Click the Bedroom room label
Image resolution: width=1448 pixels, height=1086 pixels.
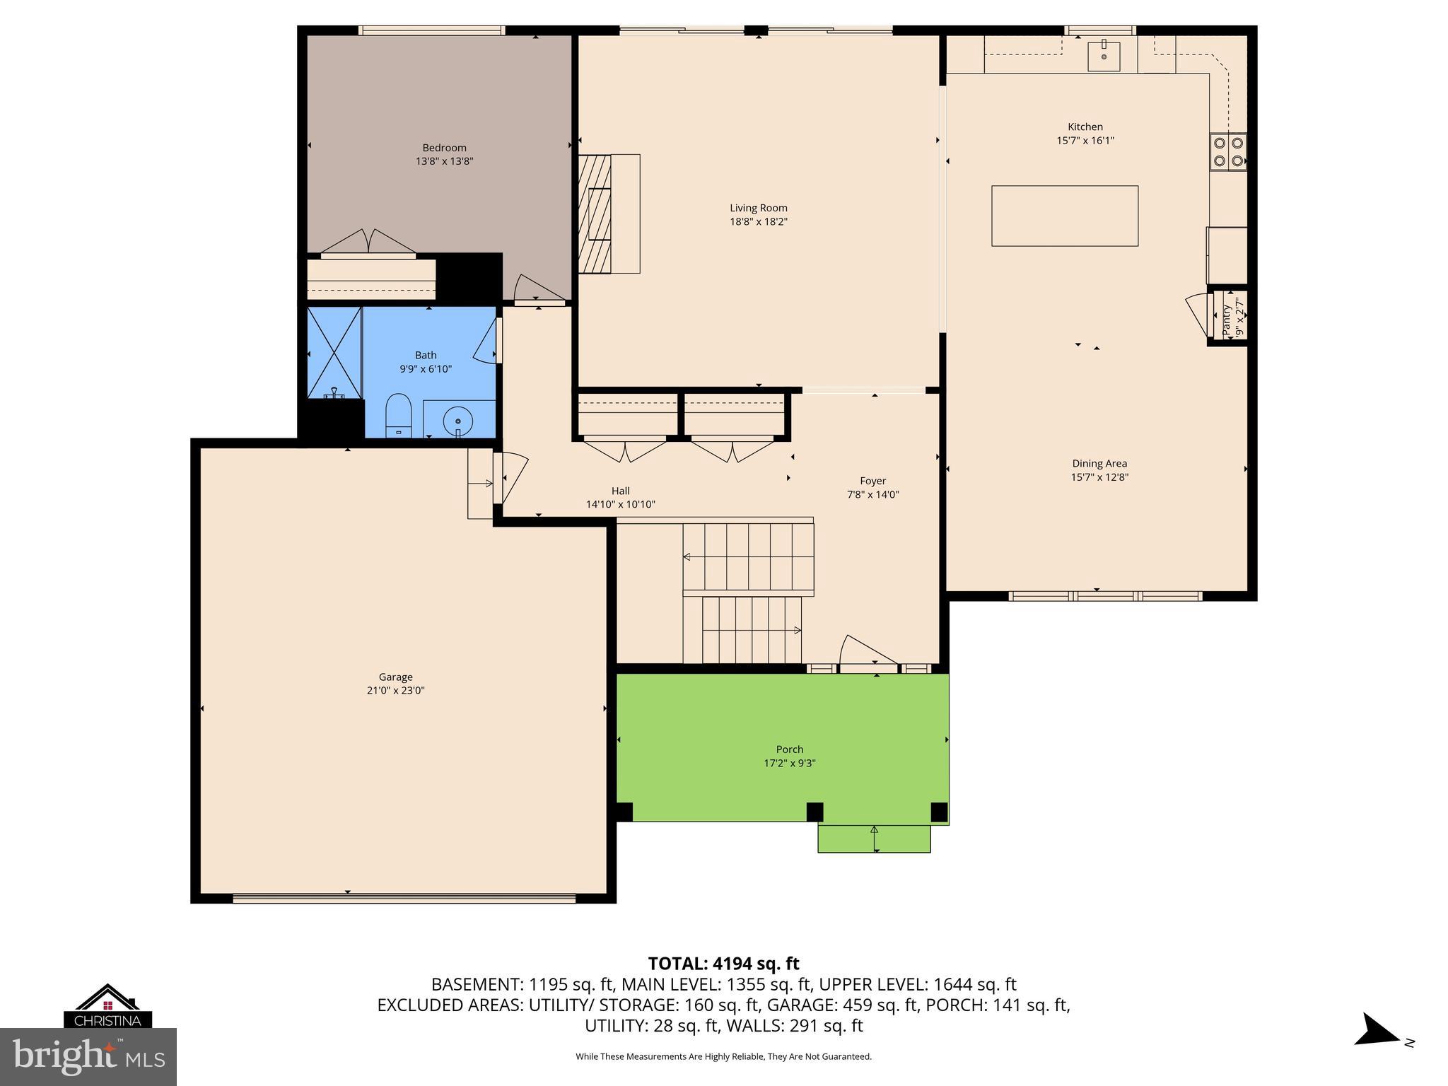444,148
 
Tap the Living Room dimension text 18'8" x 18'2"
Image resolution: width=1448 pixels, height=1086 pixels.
758,221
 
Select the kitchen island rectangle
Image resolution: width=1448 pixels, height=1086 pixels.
1064,216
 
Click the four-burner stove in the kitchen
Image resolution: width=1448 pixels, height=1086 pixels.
1228,151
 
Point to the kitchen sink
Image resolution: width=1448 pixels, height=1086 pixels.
1104,54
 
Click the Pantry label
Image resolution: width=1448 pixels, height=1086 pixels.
1227,320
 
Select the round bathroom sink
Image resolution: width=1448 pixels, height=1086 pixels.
457,422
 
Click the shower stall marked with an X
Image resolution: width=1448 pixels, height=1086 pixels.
334,352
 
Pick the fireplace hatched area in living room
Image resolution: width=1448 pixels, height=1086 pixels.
594,214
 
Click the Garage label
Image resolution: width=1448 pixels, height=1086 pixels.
395,677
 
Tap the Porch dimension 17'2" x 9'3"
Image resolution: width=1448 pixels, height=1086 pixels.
789,763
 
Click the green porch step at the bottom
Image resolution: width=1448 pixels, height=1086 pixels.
874,839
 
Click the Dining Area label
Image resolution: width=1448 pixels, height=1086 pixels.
1099,463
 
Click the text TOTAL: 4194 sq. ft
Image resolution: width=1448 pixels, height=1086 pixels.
723,963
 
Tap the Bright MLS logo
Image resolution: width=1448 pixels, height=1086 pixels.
88,1056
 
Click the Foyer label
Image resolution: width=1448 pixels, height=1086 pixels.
872,481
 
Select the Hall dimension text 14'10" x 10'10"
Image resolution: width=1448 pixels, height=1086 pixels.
620,504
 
